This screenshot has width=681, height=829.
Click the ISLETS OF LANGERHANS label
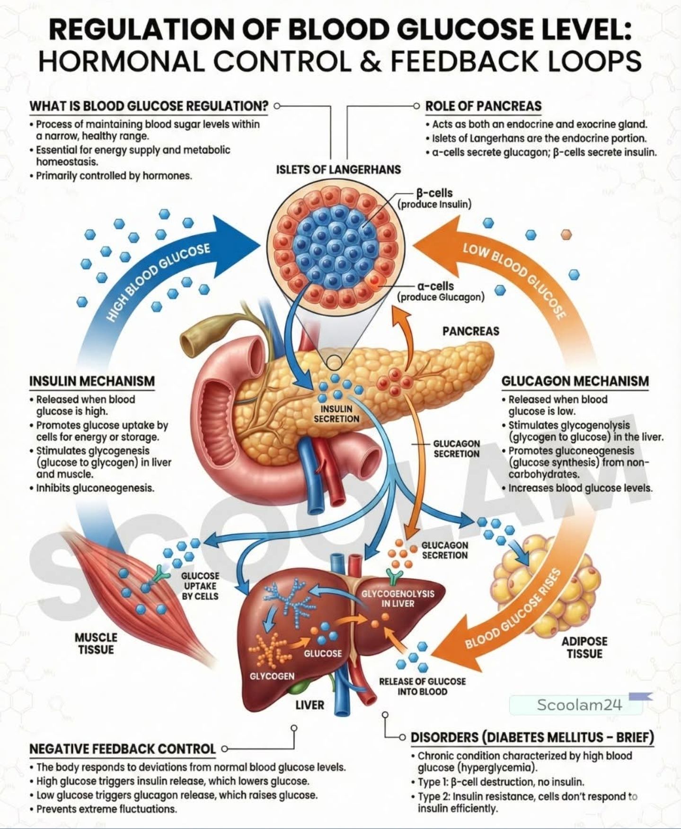338,169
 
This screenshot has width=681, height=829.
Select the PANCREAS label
471,331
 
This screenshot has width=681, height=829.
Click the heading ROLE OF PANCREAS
483,106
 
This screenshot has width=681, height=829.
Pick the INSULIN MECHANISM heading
92,381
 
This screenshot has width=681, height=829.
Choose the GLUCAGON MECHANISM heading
575,381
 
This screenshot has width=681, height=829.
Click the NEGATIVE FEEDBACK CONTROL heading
123,749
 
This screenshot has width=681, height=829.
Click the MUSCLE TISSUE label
96,643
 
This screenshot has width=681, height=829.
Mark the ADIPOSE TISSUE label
584,648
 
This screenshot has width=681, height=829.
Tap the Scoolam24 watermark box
576,705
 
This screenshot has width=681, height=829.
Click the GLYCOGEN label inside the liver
272,676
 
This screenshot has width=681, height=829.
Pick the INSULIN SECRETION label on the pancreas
336,414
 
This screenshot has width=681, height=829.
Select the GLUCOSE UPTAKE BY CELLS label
200,586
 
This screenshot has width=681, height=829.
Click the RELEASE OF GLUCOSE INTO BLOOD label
422,686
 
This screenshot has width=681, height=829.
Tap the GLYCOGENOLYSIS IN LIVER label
398,598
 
